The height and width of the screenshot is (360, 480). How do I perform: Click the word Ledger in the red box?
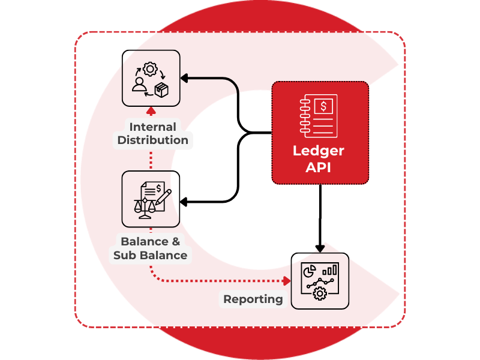(x=319, y=150)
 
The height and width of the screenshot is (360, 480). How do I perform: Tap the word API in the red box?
(x=319, y=167)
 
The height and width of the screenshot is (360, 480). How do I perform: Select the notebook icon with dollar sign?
(x=319, y=116)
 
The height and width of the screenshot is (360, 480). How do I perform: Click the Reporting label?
(x=253, y=299)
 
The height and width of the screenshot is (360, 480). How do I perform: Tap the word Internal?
(x=152, y=127)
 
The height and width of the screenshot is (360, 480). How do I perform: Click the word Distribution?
(x=152, y=140)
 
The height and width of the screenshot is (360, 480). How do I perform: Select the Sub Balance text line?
(x=150, y=255)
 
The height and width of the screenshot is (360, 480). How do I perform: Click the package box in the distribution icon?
(x=161, y=90)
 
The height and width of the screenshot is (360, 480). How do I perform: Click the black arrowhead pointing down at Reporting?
(x=320, y=247)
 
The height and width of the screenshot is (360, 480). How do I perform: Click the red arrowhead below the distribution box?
(x=151, y=112)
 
